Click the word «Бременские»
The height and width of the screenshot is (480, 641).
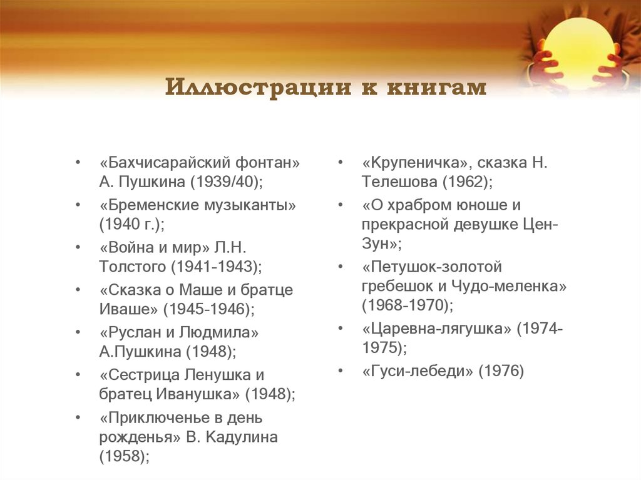[x=153, y=205]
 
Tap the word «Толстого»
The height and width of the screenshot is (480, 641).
[x=132, y=267]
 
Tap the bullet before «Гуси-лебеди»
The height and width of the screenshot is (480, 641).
[x=339, y=370]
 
